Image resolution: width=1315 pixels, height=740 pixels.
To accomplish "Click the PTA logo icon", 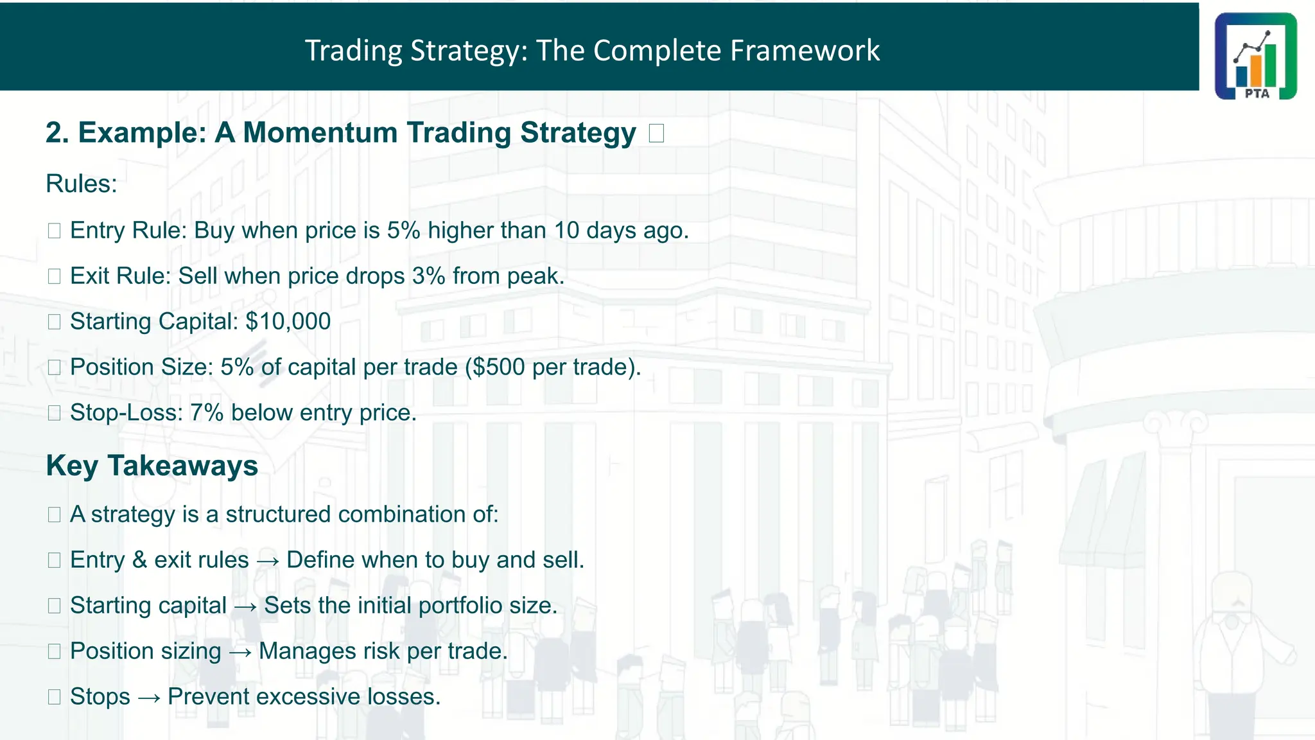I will click(1255, 56).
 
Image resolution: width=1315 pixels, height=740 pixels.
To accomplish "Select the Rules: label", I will click(82, 184).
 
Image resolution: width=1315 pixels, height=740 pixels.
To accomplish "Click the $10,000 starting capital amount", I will click(288, 321).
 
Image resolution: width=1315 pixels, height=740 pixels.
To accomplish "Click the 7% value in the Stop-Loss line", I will click(207, 412).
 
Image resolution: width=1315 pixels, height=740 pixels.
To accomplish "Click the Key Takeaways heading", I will click(152, 466).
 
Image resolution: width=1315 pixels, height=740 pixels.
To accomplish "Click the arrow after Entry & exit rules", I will click(268, 561).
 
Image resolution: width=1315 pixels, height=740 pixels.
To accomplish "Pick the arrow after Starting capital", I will click(245, 606).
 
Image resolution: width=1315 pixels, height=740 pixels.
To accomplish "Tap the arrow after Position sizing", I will click(240, 652).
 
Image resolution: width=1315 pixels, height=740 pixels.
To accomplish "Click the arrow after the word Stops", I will click(149, 698).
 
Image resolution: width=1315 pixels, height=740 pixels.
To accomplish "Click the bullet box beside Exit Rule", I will click(55, 276).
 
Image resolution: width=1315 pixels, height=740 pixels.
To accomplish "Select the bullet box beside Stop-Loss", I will click(55, 413).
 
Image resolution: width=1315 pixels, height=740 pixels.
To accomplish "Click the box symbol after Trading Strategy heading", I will click(656, 134).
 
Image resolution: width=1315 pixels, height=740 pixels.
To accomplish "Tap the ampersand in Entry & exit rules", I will click(140, 560).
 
